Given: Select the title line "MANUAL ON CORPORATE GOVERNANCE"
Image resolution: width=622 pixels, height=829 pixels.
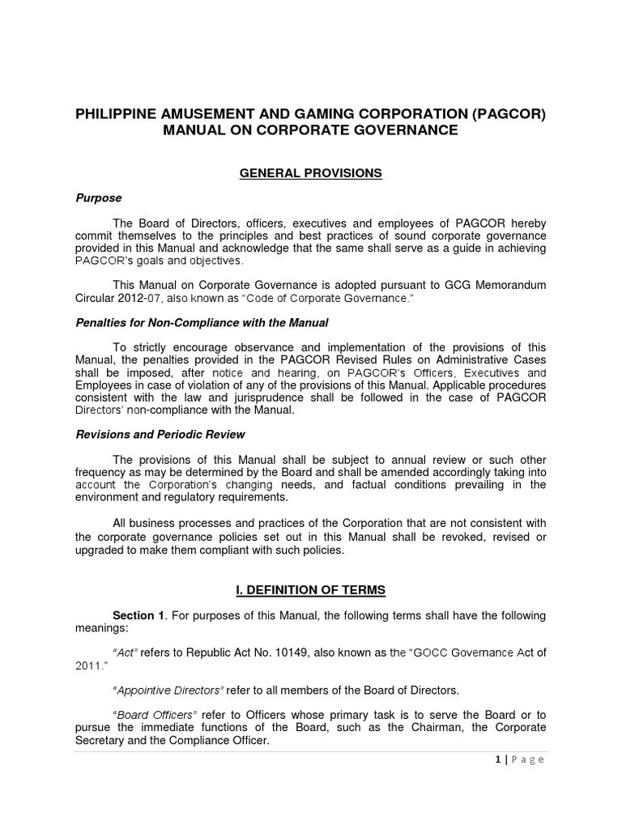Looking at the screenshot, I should point(311,130).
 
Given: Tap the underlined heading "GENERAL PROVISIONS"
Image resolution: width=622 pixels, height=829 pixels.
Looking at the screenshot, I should point(311,173).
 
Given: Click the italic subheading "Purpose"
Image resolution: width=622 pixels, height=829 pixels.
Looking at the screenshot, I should point(99,198).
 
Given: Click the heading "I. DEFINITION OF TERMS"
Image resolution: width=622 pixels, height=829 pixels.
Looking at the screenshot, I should point(311,591).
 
